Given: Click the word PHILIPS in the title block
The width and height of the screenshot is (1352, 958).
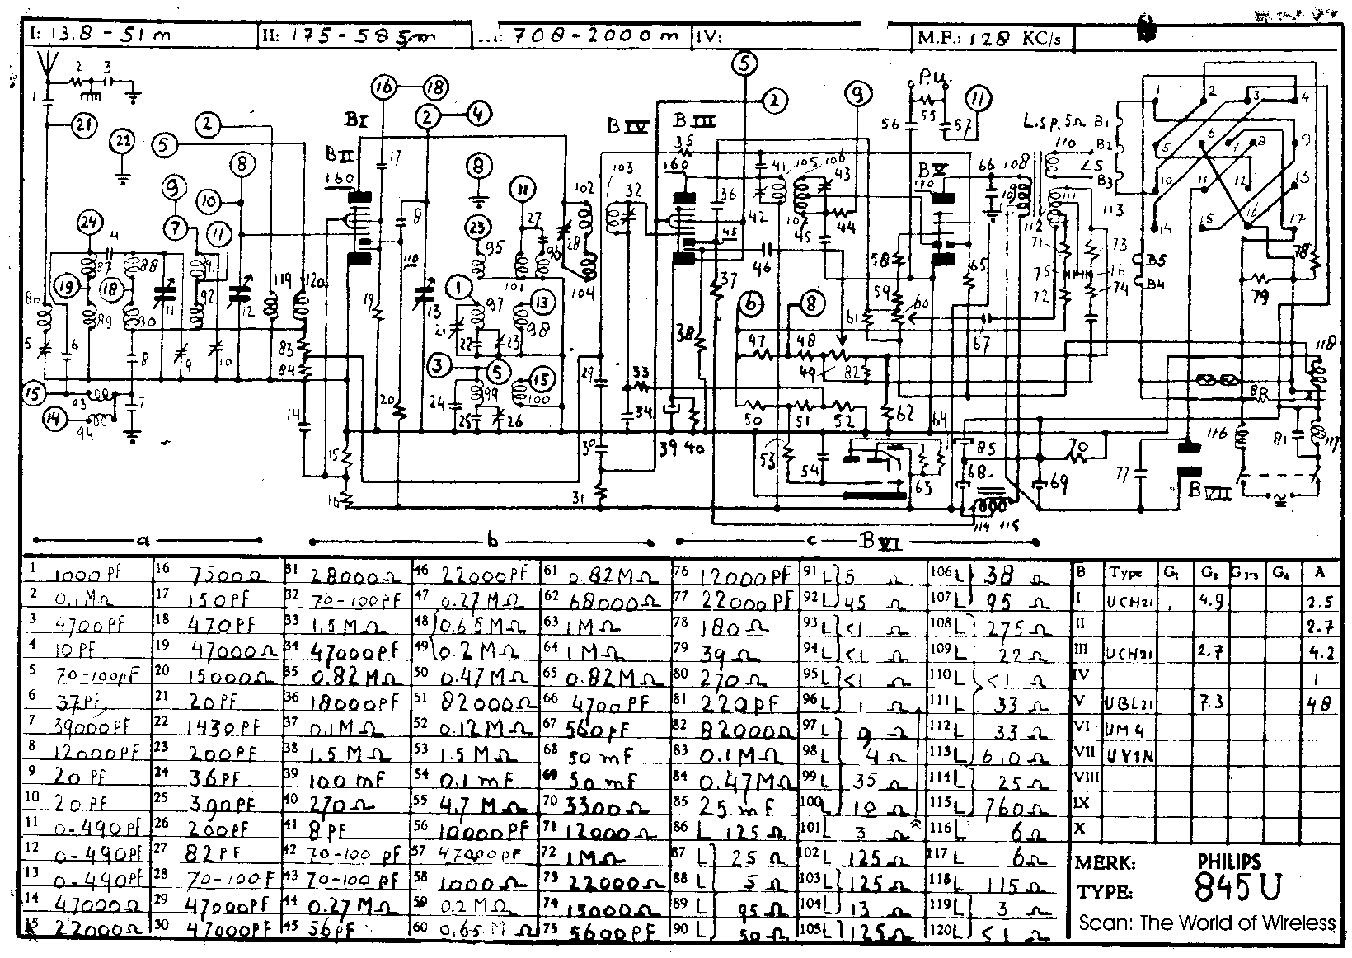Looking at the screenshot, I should [1229, 862].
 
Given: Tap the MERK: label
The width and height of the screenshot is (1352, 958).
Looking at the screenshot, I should [1105, 864].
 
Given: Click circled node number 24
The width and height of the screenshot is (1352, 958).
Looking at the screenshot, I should [88, 223].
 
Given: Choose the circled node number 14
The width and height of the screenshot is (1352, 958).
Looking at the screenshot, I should [54, 420].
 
